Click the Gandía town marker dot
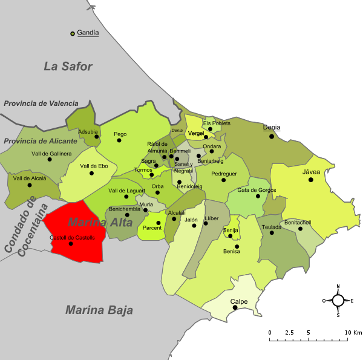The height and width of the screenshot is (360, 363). [73, 33]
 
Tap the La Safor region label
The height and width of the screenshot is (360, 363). [68, 66]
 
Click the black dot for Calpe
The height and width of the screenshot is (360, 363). [235, 307]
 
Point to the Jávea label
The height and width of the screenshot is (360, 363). [311, 172]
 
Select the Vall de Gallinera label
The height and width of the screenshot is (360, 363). [51, 154]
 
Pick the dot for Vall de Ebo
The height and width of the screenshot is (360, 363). [92, 174]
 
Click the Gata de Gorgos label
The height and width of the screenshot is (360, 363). [257, 190]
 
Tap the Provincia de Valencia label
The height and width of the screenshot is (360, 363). [41, 103]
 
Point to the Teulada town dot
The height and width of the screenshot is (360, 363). [272, 233]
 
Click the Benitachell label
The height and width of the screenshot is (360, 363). [297, 222]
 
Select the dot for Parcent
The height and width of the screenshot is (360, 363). [159, 223]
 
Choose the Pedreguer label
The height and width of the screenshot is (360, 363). [223, 174]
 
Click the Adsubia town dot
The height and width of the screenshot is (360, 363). [96, 138]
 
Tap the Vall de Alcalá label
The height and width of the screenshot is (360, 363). [30, 178]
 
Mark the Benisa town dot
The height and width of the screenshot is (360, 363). [237, 246]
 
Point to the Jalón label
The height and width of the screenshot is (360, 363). [191, 220]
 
